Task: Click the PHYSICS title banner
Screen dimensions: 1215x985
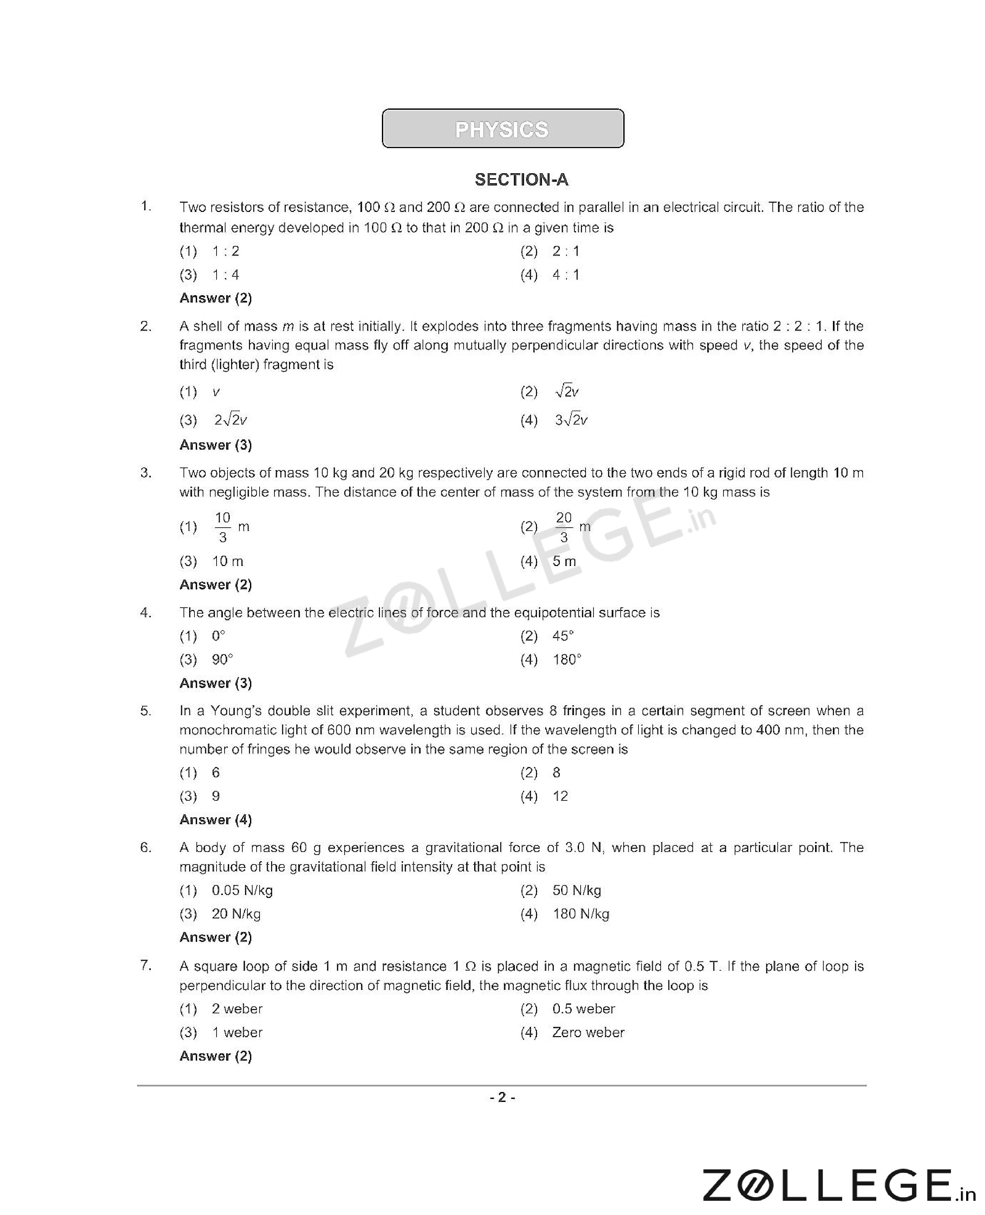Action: (503, 129)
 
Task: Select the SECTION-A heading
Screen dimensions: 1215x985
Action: (521, 180)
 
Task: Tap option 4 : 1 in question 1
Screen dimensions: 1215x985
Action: (566, 275)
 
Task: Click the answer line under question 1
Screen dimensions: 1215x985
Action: (216, 298)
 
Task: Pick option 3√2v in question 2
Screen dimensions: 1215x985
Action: (571, 420)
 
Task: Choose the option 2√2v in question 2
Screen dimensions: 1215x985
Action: (230, 420)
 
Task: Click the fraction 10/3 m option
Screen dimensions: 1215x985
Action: (231, 527)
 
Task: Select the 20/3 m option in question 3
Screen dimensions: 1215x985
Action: (572, 527)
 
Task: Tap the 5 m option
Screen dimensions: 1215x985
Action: (564, 562)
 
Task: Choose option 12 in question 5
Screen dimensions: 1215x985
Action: (560, 796)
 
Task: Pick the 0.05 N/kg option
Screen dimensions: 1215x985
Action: (242, 891)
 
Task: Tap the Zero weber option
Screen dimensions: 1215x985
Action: (588, 1033)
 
